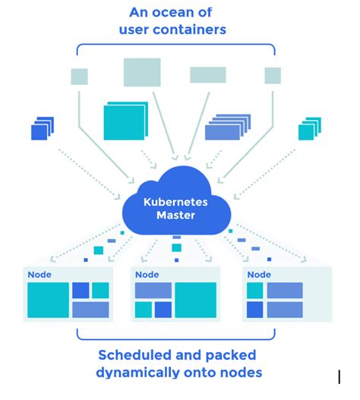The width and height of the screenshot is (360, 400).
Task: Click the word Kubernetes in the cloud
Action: click(x=176, y=202)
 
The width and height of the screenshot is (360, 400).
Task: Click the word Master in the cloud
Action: click(x=176, y=216)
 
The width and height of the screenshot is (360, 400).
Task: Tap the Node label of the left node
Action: click(x=39, y=275)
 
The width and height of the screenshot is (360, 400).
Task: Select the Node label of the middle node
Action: click(x=147, y=275)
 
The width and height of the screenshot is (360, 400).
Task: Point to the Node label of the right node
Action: click(x=259, y=275)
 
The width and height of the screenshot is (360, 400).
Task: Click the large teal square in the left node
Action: click(x=47, y=300)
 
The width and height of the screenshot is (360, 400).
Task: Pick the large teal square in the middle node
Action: click(x=196, y=300)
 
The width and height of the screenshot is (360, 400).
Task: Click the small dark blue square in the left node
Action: click(x=81, y=290)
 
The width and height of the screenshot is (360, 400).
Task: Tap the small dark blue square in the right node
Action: click(x=255, y=310)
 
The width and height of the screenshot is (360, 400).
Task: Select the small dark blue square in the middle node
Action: click(x=163, y=310)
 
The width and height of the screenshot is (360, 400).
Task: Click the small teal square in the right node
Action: click(x=255, y=290)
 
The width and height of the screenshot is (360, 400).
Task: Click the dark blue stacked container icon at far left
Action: click(x=39, y=131)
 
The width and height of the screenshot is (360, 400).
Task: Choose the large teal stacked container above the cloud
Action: click(x=123, y=121)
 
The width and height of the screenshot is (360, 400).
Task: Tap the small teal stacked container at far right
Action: click(x=307, y=131)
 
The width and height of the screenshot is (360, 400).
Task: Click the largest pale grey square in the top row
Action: click(x=142, y=72)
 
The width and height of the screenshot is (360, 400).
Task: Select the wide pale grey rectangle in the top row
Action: click(x=207, y=74)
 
